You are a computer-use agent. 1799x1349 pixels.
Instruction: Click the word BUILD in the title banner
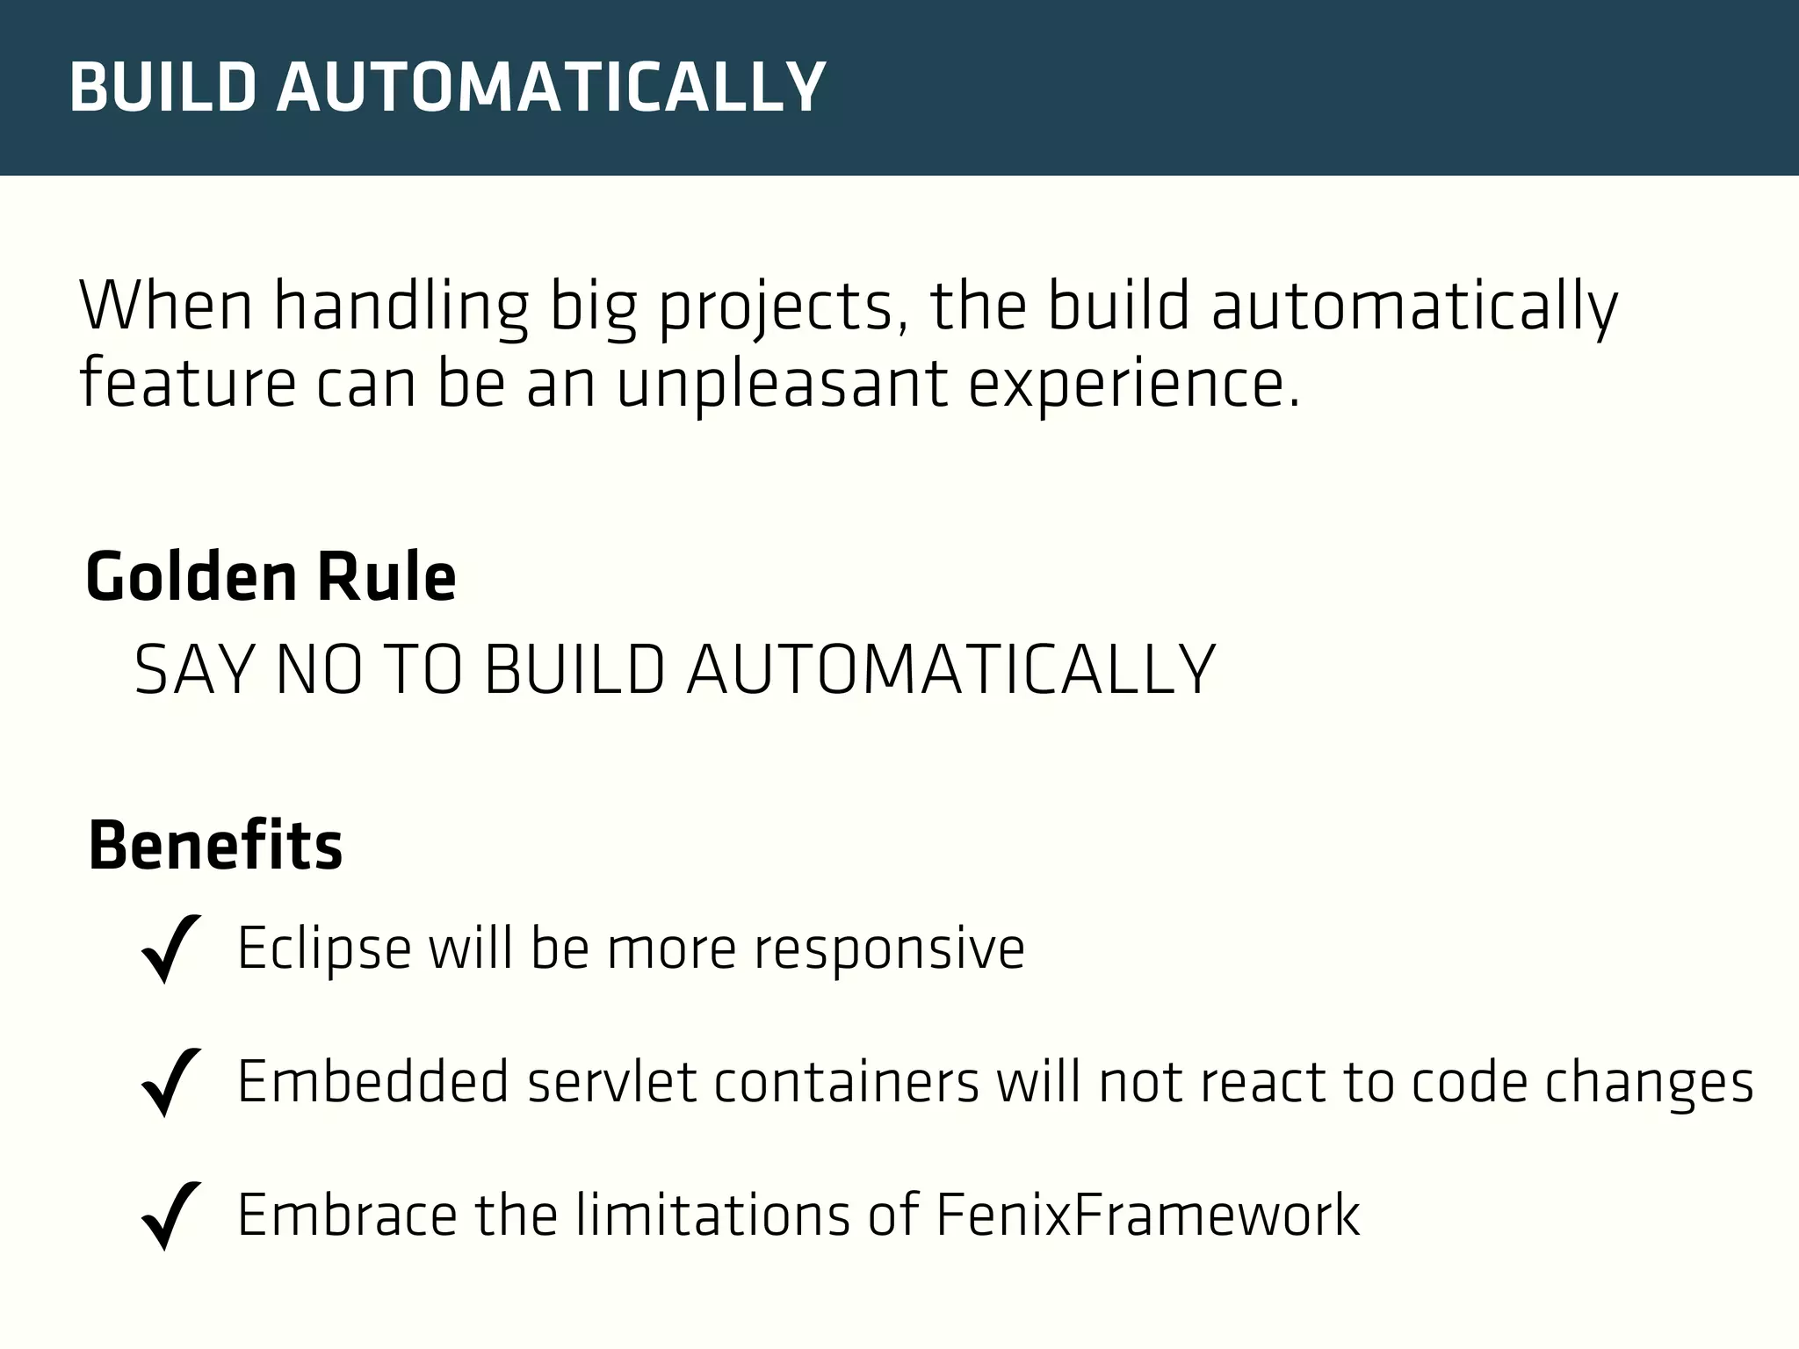(163, 88)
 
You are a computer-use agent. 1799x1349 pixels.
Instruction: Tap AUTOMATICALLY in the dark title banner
(551, 88)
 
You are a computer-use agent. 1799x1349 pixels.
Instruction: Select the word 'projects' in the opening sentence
(776, 307)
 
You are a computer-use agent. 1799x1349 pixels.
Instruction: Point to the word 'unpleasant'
(782, 385)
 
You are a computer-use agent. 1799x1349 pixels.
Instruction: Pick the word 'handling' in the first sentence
(401, 307)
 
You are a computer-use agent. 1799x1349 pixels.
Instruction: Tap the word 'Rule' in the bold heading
(387, 577)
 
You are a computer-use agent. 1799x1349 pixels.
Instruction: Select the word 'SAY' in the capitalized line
(193, 670)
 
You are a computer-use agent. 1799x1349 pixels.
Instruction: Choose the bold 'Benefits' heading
(215, 846)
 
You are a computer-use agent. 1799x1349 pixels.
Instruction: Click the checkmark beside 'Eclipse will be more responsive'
(170, 949)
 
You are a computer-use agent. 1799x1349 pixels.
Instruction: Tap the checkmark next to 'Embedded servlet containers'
(170, 1082)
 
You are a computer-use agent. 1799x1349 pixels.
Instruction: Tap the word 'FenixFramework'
(1147, 1216)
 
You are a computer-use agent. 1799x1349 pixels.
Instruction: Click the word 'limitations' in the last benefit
(712, 1216)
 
